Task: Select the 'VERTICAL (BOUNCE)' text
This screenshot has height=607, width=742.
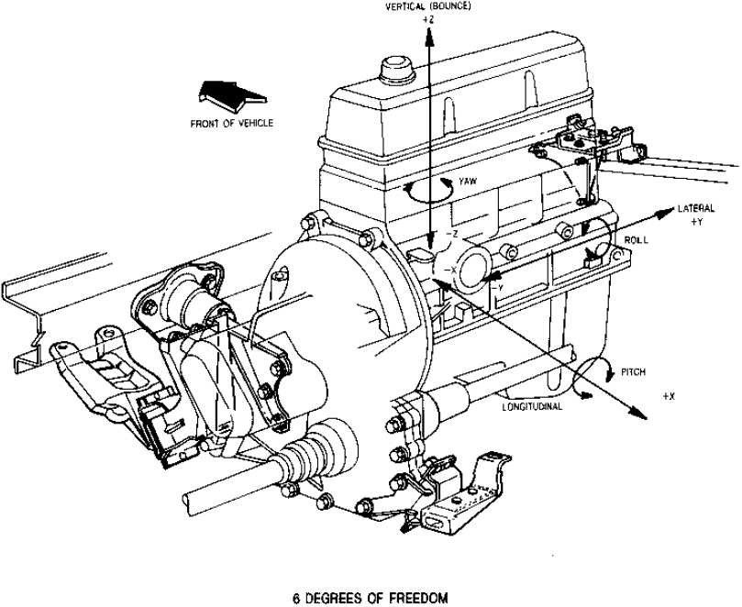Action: [x=428, y=6]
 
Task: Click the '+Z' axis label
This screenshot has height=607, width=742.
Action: [x=427, y=18]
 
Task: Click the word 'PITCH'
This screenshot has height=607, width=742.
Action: [x=634, y=371]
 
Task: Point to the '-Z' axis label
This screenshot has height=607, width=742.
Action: [x=449, y=234]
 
